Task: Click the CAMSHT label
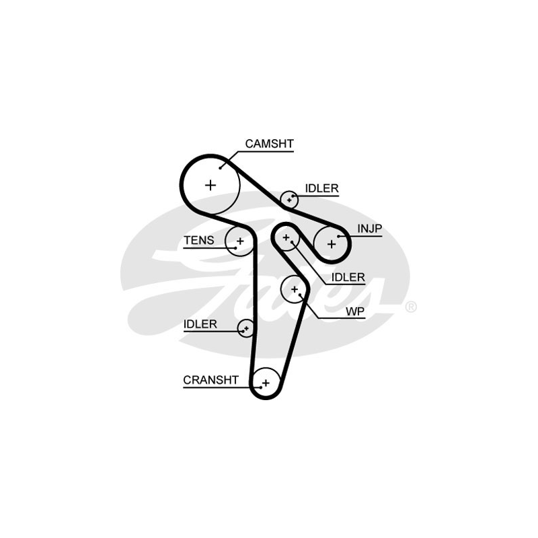tap(269, 143)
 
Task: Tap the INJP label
tap(369, 229)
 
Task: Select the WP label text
tap(354, 311)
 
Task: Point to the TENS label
tap(199, 240)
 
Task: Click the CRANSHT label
tap(210, 380)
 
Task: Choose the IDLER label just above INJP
tap(321, 188)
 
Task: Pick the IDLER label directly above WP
tap(348, 276)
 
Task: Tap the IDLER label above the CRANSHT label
tap(200, 324)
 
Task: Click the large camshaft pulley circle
tap(210, 184)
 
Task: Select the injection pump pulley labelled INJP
tap(331, 243)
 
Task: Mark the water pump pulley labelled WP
tap(295, 289)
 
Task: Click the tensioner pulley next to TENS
tap(239, 240)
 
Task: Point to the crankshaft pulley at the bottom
tap(266, 383)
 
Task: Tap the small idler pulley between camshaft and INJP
tap(290, 199)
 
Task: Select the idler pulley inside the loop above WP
tap(286, 237)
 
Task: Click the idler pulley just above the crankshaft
tap(246, 328)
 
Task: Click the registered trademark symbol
tap(410, 307)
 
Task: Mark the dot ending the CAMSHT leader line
tap(220, 167)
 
